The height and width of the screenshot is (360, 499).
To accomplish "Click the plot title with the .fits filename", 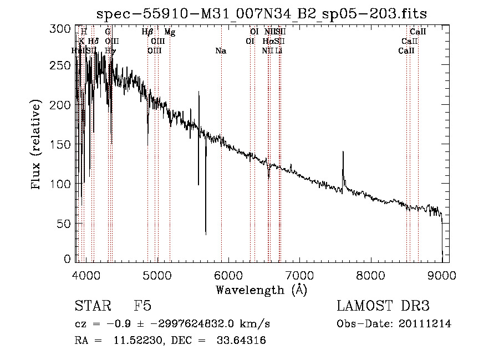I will click(262, 14).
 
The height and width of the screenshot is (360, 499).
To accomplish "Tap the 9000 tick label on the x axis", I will click(442, 274).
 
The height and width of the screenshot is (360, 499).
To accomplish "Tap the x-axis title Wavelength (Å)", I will click(261, 290).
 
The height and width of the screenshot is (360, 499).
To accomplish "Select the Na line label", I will click(221, 51).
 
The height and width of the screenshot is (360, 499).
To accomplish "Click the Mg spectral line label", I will click(170, 33).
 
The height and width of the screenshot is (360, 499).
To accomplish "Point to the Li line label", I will click(279, 51).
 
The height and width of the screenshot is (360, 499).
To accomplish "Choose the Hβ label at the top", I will click(147, 33).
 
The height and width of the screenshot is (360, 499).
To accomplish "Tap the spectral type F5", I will click(142, 306).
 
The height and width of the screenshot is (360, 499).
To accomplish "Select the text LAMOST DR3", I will click(383, 306).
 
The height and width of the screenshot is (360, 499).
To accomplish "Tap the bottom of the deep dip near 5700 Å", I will click(206, 234).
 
